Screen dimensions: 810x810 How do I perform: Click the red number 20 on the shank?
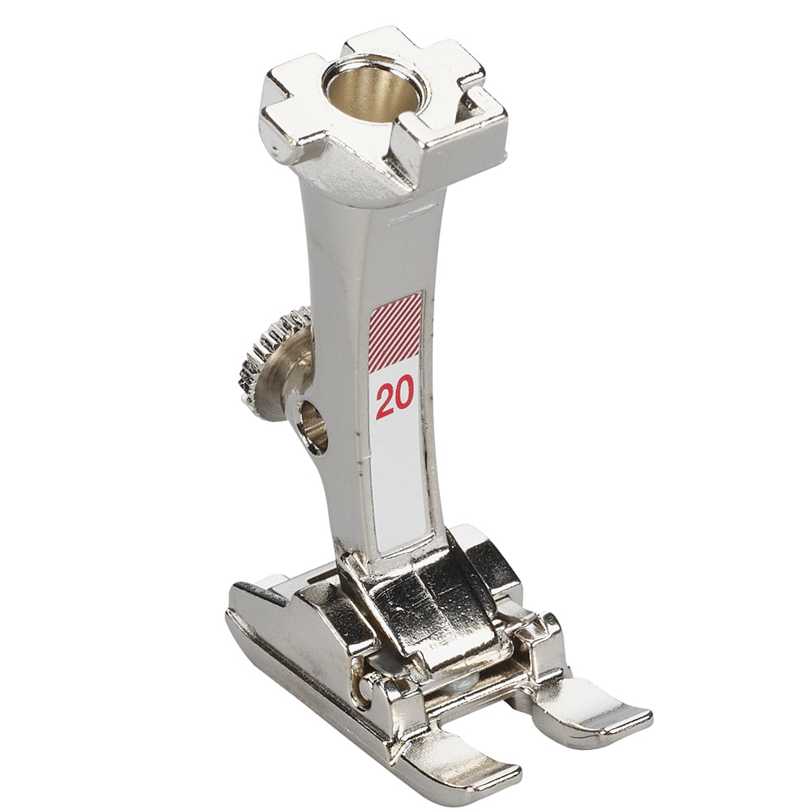coord(395,400)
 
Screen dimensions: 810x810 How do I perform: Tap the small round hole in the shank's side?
coord(313,426)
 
